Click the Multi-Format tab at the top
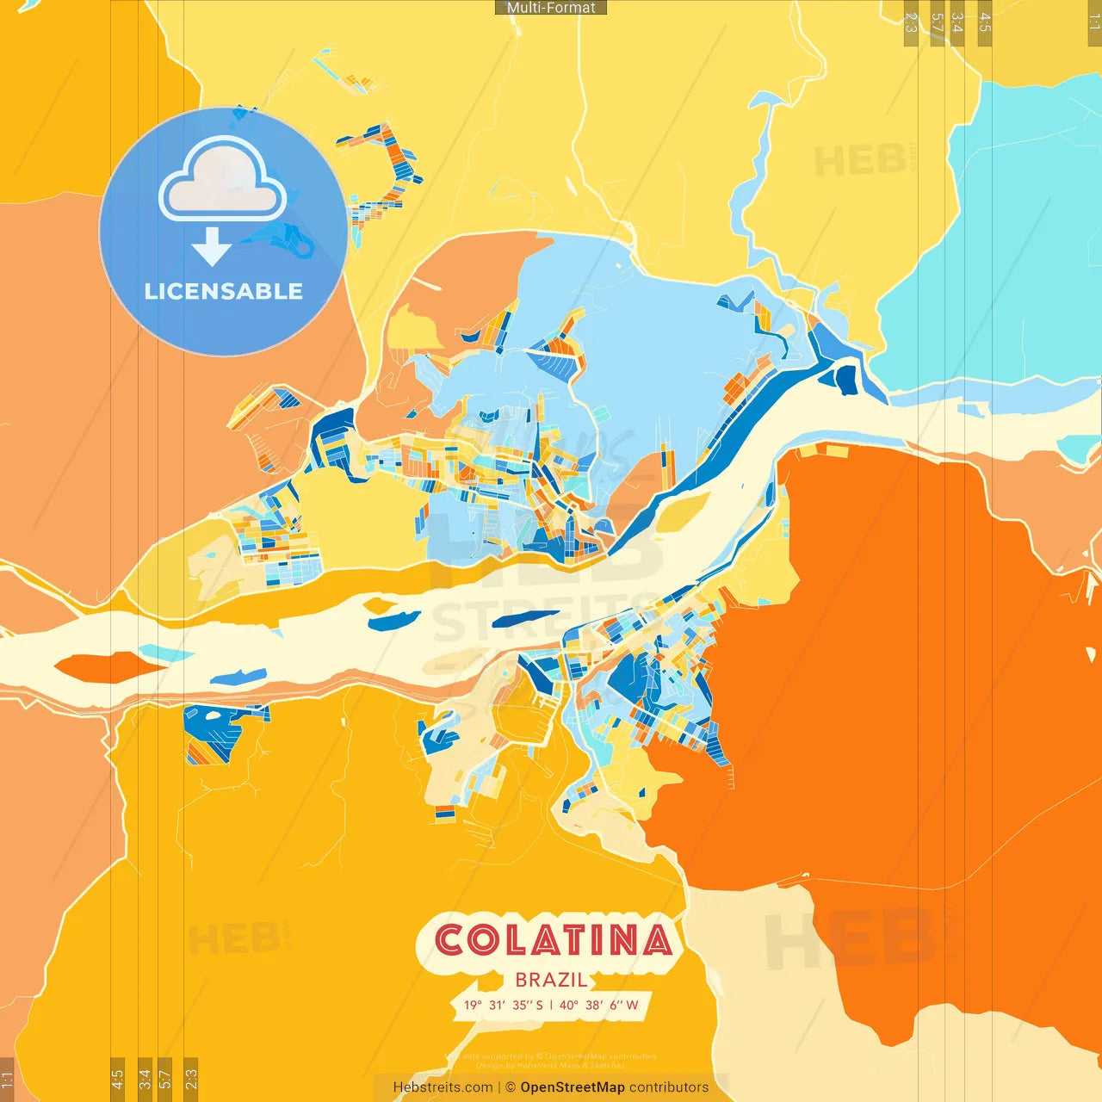tap(551, 8)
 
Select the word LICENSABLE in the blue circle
tap(224, 291)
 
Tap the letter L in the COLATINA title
tap(518, 940)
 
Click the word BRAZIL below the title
tap(552, 980)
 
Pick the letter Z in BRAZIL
tap(563, 980)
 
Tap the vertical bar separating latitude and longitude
tap(551, 1005)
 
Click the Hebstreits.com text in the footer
tap(443, 1087)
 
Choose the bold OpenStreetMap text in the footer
tap(573, 1087)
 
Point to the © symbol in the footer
tap(511, 1087)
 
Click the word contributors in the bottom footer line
tap(669, 1087)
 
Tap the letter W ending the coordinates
tap(632, 1005)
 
